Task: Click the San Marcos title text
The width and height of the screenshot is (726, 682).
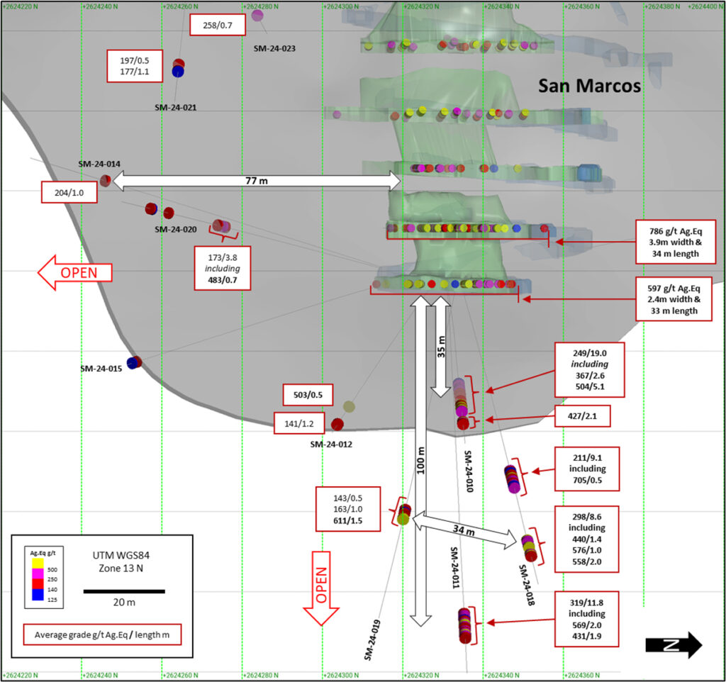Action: coord(589,86)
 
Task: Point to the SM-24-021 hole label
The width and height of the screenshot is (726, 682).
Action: coord(175,108)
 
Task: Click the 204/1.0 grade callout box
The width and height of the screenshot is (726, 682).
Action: coord(69,191)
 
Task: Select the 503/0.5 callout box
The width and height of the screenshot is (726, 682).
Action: coord(307,394)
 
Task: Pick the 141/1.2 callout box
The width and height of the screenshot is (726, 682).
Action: coord(300,424)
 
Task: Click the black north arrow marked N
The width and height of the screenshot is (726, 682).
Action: coord(673,645)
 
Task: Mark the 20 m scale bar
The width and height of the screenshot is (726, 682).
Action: coord(124,591)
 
